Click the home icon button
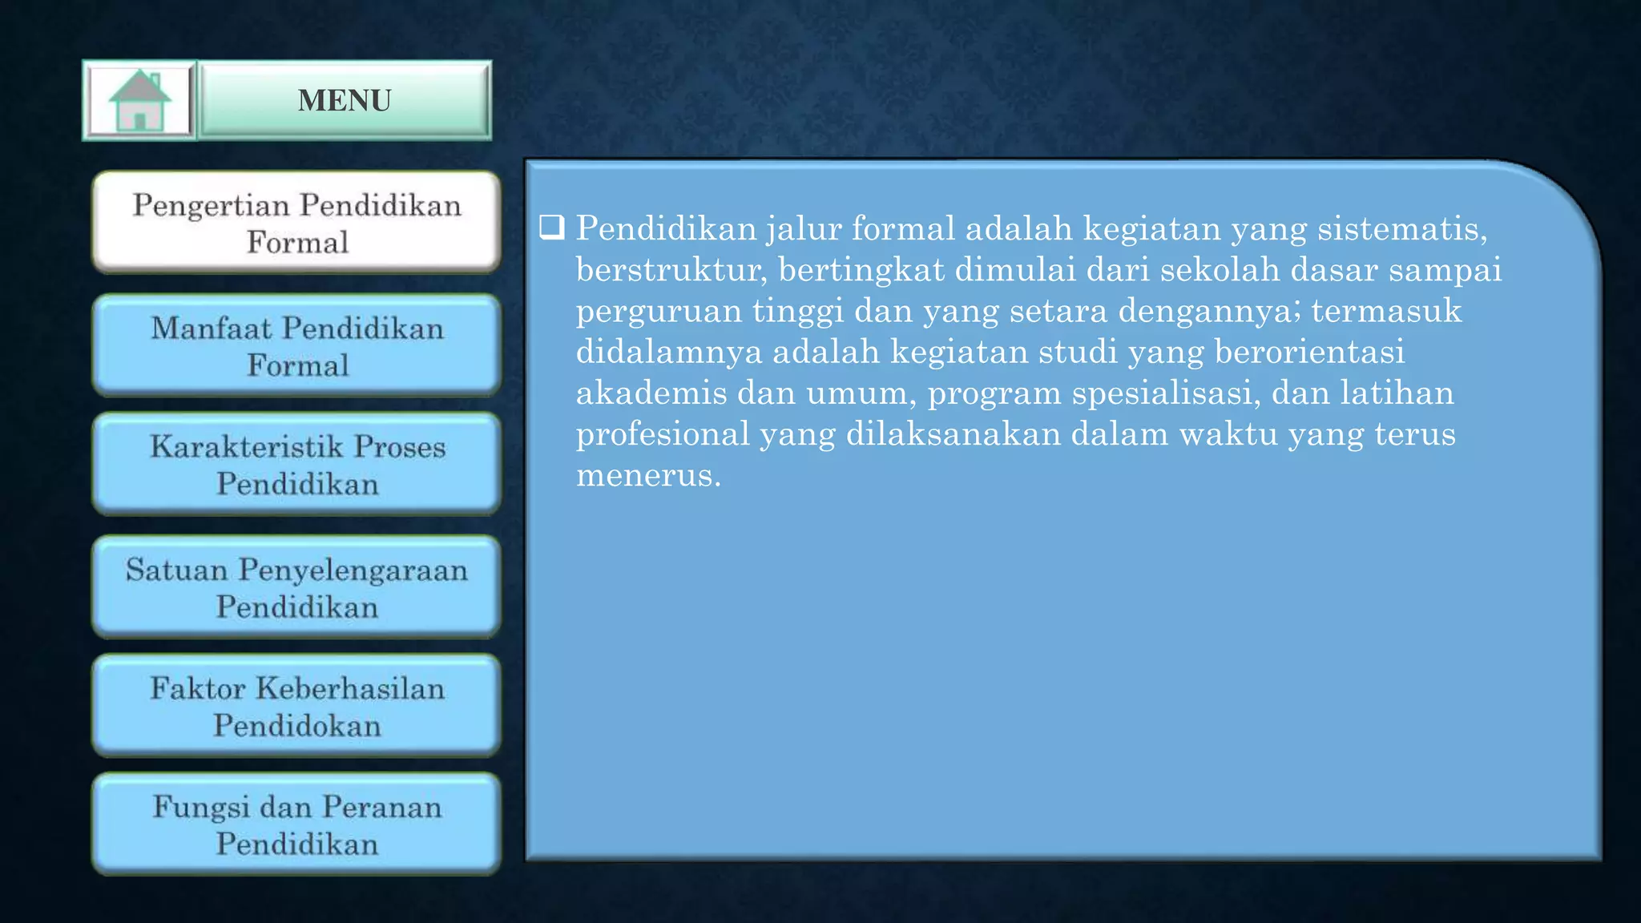click(139, 101)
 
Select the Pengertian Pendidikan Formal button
click(296, 223)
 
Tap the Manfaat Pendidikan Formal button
click(296, 346)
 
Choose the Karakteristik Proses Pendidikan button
click(296, 465)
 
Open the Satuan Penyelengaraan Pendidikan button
click(296, 587)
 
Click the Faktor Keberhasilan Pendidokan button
click(296, 706)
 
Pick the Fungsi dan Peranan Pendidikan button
click(296, 824)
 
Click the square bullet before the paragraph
click(552, 228)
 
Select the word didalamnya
click(668, 353)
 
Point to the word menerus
click(648, 476)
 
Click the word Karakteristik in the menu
click(247, 446)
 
